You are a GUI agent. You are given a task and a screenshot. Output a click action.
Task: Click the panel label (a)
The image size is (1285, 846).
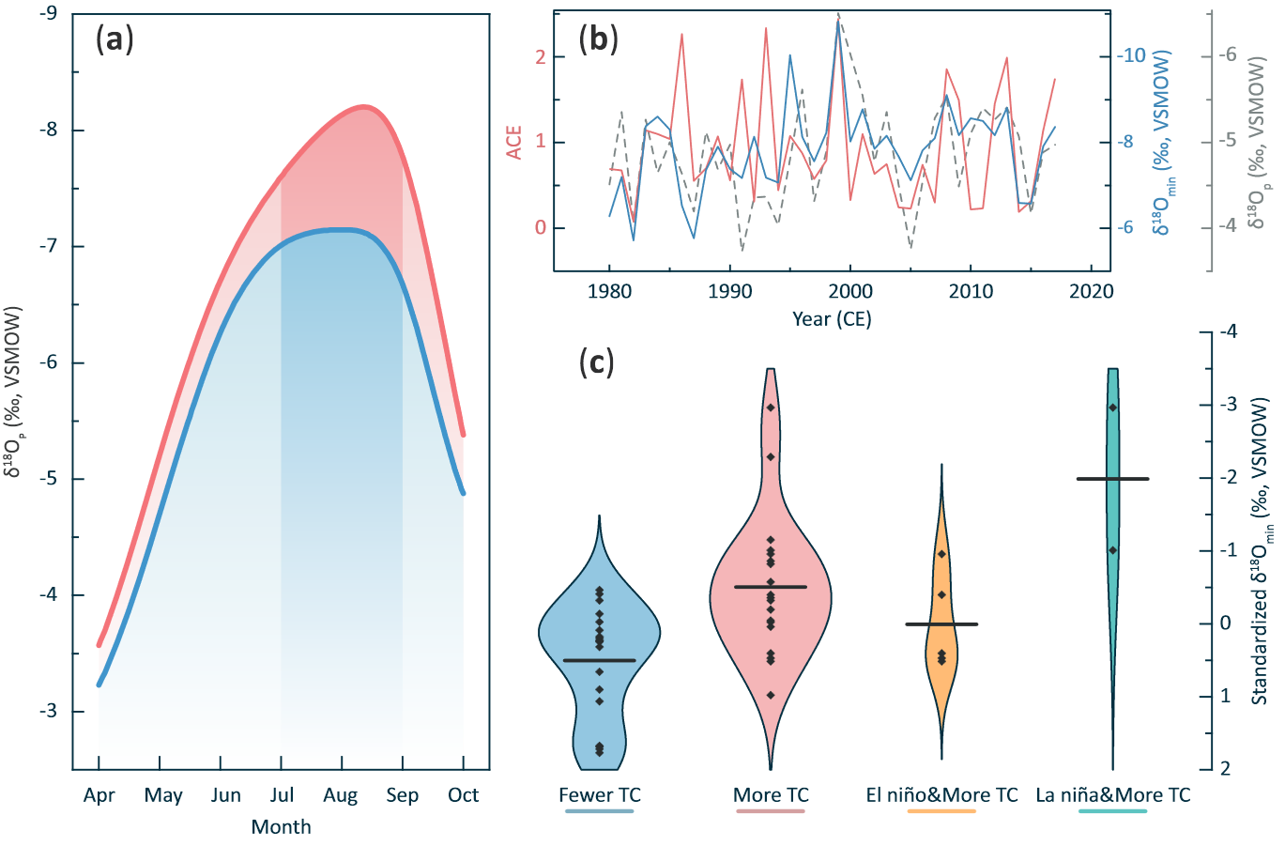pos(115,40)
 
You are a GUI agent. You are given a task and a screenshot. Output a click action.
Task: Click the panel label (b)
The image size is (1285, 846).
pos(598,40)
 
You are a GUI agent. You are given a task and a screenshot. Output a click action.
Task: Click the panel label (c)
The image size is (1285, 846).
pos(597,361)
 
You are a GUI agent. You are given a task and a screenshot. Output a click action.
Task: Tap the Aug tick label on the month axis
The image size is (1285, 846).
pos(340,796)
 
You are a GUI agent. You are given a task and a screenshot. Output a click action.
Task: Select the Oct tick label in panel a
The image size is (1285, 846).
pos(463,795)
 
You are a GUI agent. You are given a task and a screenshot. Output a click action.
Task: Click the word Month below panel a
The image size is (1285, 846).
pos(281,827)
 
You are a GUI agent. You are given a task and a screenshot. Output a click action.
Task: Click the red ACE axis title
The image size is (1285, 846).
pos(514,142)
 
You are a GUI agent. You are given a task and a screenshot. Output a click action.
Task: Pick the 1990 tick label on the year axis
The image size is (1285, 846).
pos(729,291)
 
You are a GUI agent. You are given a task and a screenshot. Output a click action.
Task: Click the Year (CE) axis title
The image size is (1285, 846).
pos(832,319)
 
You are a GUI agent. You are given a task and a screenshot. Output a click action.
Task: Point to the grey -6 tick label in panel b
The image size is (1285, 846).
pos(1227,55)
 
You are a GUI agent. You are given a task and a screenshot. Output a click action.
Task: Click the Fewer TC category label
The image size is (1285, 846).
pos(600,795)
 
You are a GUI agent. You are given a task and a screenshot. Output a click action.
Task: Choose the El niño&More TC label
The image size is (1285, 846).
pos(941,795)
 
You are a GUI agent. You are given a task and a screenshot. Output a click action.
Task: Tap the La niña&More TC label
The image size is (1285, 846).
pos(1112,795)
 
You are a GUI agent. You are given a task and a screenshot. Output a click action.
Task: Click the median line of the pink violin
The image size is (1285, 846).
pos(771,587)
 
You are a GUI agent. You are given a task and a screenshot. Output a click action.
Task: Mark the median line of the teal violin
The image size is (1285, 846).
pos(1112,479)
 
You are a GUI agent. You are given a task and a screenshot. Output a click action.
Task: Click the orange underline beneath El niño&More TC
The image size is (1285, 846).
pos(941,810)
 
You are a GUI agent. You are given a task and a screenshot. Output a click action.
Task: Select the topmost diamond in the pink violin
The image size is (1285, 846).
pos(771,407)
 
